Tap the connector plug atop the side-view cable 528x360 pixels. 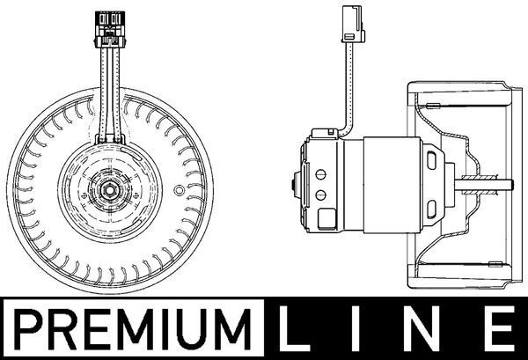(x=349, y=24)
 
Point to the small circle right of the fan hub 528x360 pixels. (x=180, y=190)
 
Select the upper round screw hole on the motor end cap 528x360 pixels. (x=321, y=173)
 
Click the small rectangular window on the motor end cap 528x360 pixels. (x=325, y=216)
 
